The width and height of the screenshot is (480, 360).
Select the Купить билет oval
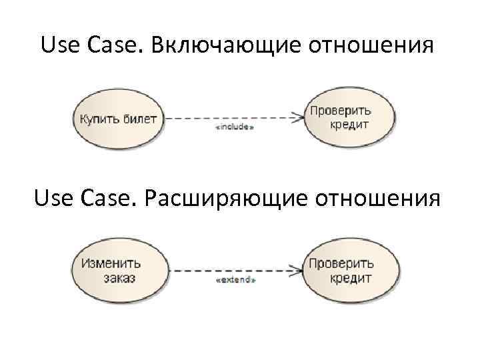point(119,119)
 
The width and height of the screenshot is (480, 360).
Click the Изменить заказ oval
point(117,270)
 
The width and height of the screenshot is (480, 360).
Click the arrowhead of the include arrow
point(297,118)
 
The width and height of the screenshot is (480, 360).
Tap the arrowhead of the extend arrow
point(297,271)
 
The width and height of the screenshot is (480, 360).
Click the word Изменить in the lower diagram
point(111,263)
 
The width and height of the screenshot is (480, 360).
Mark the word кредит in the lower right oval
point(351,278)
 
